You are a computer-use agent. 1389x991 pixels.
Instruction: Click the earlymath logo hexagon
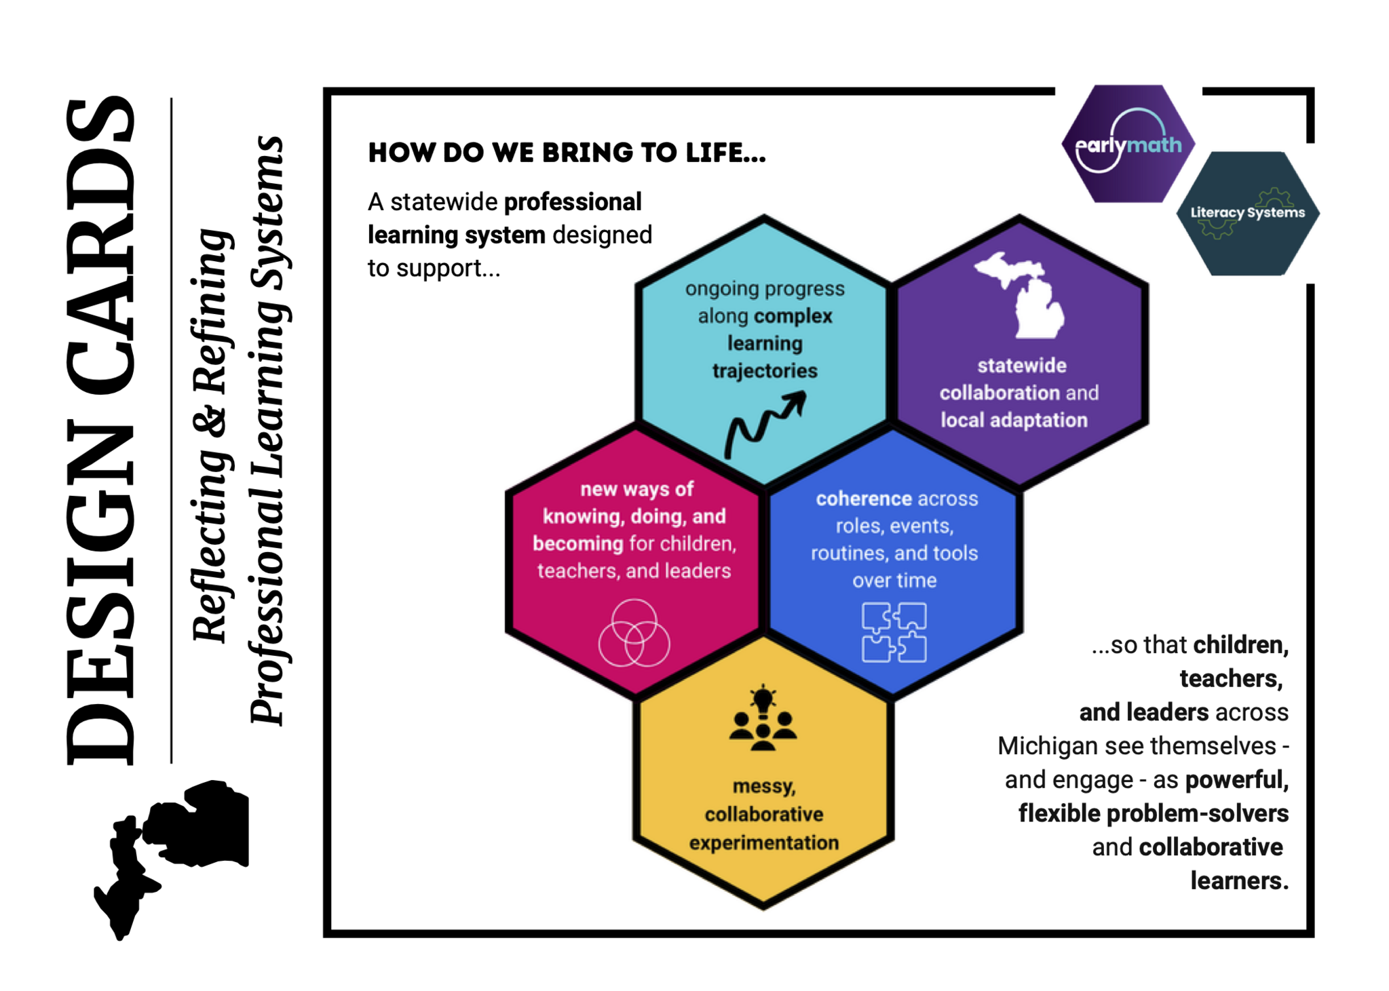pos(1128,144)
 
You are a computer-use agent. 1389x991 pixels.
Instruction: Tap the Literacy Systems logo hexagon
pos(1247,213)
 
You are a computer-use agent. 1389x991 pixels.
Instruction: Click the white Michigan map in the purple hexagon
pos(1020,295)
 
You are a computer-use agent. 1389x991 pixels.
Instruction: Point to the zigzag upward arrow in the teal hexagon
pos(765,424)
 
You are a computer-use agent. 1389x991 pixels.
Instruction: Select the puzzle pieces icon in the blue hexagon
pos(894,632)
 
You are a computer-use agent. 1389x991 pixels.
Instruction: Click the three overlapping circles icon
pos(634,633)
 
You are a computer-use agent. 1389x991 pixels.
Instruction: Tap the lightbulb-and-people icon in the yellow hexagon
pos(763,719)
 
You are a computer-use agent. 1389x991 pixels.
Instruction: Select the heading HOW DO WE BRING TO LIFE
pos(567,153)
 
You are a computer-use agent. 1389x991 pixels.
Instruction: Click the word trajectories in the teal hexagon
pos(765,371)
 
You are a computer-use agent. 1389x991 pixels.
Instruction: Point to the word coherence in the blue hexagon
pos(864,499)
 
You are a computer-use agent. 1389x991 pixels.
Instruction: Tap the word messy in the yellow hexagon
pos(764,787)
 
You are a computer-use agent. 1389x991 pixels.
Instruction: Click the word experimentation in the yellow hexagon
pos(764,842)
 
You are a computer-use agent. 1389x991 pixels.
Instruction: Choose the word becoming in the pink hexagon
pos(577,543)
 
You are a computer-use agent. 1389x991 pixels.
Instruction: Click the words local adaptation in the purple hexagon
pos(1014,421)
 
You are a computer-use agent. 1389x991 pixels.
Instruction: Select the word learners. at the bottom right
pos(1239,880)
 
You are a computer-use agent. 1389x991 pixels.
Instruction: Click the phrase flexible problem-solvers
pos(1154,813)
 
